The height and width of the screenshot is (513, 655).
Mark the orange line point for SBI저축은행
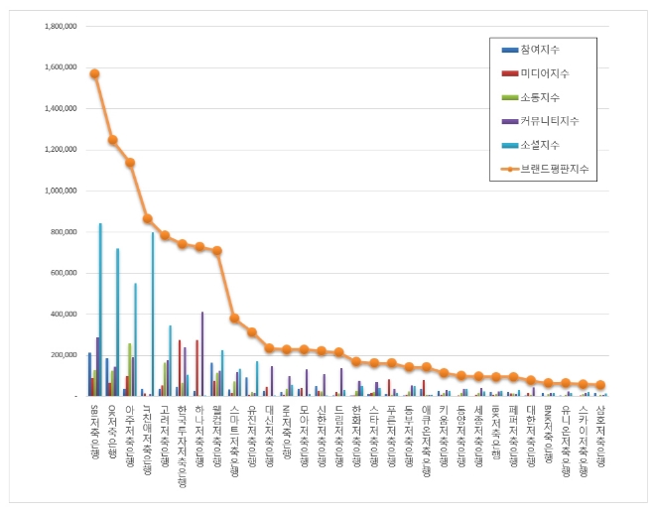point(94,73)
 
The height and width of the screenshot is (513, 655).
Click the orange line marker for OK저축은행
point(112,140)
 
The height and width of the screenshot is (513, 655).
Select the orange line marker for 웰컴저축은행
point(217,250)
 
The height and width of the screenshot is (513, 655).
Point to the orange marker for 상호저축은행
point(600,385)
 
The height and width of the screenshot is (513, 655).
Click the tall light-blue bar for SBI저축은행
point(100,310)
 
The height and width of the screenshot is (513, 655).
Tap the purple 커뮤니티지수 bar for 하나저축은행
point(202,354)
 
